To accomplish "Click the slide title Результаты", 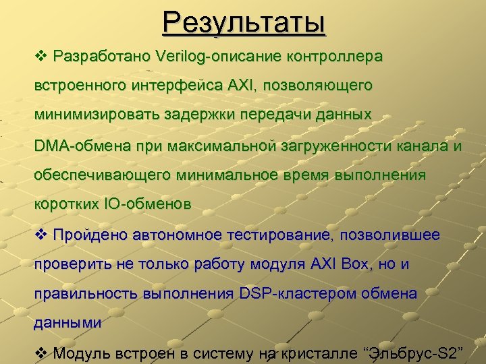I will (244, 23).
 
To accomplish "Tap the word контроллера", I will (334, 56).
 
